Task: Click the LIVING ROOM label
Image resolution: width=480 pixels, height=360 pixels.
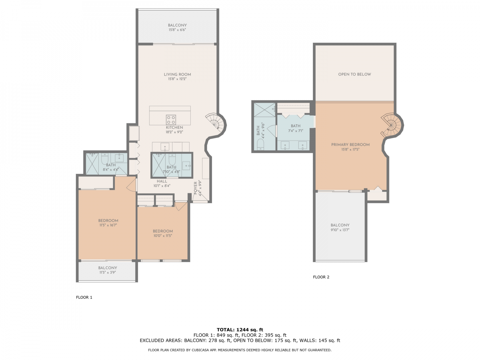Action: click(x=177, y=75)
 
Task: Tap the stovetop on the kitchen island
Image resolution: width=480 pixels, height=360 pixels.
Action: click(x=171, y=120)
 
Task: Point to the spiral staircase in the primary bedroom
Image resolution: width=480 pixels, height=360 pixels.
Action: click(x=391, y=125)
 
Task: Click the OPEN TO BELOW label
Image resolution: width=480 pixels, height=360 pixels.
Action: click(x=354, y=74)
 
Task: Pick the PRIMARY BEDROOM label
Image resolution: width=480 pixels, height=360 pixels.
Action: click(x=350, y=145)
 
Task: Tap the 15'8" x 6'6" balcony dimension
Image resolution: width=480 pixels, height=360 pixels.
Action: click(x=177, y=30)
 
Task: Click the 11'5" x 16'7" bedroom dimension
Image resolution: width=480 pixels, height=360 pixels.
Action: click(x=108, y=225)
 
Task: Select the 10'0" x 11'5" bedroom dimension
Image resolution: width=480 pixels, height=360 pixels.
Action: click(x=163, y=236)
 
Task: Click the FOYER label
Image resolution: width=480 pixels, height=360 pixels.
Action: click(x=195, y=188)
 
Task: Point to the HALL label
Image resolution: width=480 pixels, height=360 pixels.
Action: click(x=162, y=181)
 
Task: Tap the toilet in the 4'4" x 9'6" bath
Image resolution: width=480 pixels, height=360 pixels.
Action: click(x=260, y=144)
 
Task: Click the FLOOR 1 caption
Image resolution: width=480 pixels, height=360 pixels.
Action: click(x=84, y=297)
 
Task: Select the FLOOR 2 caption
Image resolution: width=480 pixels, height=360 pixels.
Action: click(x=321, y=277)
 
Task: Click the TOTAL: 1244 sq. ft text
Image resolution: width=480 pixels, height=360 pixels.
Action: click(x=240, y=330)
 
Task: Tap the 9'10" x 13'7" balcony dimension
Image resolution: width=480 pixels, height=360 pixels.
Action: click(x=340, y=230)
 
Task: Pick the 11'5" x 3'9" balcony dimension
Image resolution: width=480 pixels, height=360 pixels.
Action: click(x=108, y=272)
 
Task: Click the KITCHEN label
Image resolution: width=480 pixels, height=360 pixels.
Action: click(x=174, y=127)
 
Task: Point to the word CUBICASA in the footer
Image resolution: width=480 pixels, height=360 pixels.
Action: click(x=201, y=350)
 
